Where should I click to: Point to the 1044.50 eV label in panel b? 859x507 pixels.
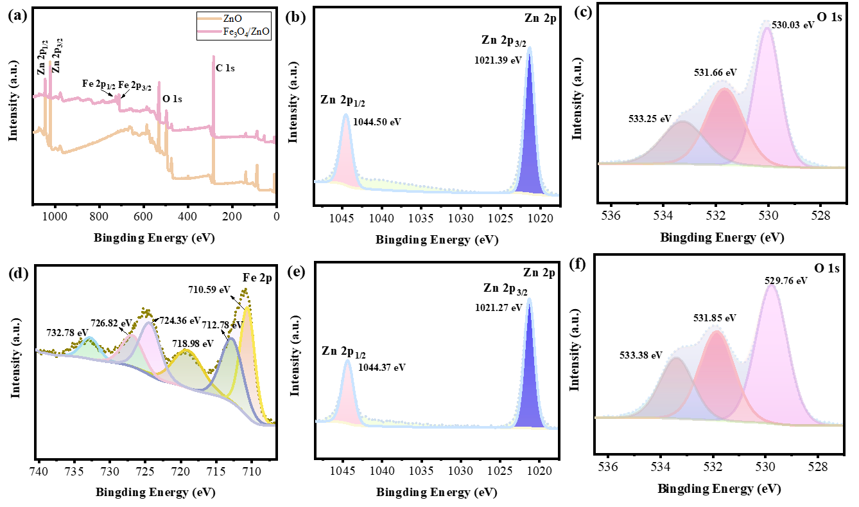pyautogui.click(x=377, y=121)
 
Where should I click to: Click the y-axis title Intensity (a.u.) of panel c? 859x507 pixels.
pyautogui.click(x=577, y=97)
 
